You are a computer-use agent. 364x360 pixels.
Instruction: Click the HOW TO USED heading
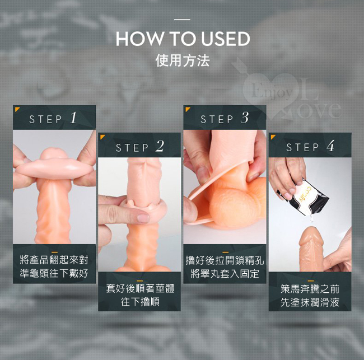[183, 39]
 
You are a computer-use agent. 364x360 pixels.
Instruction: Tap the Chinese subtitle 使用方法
[183, 60]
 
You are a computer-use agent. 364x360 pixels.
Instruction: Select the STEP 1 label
[53, 118]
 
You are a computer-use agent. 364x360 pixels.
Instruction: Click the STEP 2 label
[140, 147]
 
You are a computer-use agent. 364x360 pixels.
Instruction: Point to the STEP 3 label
[225, 118]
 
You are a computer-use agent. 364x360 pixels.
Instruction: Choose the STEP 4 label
[310, 147]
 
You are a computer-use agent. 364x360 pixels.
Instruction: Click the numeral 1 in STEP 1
[73, 118]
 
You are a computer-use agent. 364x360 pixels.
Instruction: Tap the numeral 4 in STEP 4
[330, 146]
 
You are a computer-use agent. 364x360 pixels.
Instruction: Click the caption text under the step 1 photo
[54, 267]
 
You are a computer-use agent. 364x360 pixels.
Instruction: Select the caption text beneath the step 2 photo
[140, 295]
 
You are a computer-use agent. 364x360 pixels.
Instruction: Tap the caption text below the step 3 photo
[225, 267]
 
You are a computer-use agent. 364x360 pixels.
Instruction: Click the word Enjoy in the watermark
[272, 92]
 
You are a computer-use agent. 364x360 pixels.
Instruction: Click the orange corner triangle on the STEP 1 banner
[16, 109]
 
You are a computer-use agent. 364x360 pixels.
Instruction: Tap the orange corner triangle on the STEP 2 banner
[102, 137]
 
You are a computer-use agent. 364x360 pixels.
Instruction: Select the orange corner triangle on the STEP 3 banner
[187, 109]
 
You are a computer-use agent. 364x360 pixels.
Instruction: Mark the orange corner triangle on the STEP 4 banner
[273, 137]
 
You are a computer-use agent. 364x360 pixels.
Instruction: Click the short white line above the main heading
[182, 20]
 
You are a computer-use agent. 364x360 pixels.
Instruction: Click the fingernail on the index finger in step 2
[143, 218]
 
